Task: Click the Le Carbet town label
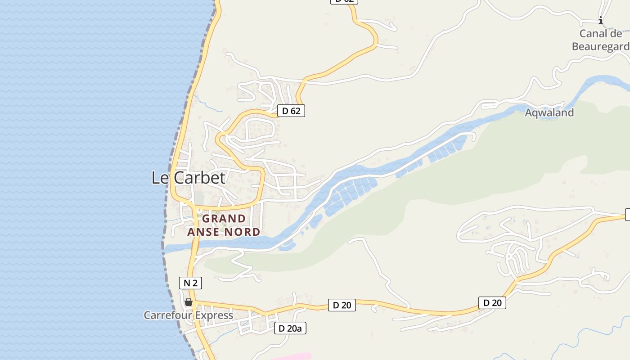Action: tap(188, 178)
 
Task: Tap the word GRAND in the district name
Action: tap(224, 219)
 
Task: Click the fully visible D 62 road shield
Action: tap(291, 111)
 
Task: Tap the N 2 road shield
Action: tap(190, 283)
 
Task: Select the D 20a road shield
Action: tap(290, 328)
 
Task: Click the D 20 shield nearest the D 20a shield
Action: tap(342, 305)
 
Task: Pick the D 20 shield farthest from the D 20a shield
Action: tap(492, 303)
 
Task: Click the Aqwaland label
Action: tap(549, 112)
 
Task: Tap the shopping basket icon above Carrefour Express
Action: tap(189, 302)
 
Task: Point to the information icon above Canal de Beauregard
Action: tap(600, 20)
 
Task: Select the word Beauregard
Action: tap(600, 46)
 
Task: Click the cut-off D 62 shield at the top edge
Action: tap(344, 1)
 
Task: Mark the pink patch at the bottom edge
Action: tap(292, 357)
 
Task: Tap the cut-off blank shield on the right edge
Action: tap(628, 215)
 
